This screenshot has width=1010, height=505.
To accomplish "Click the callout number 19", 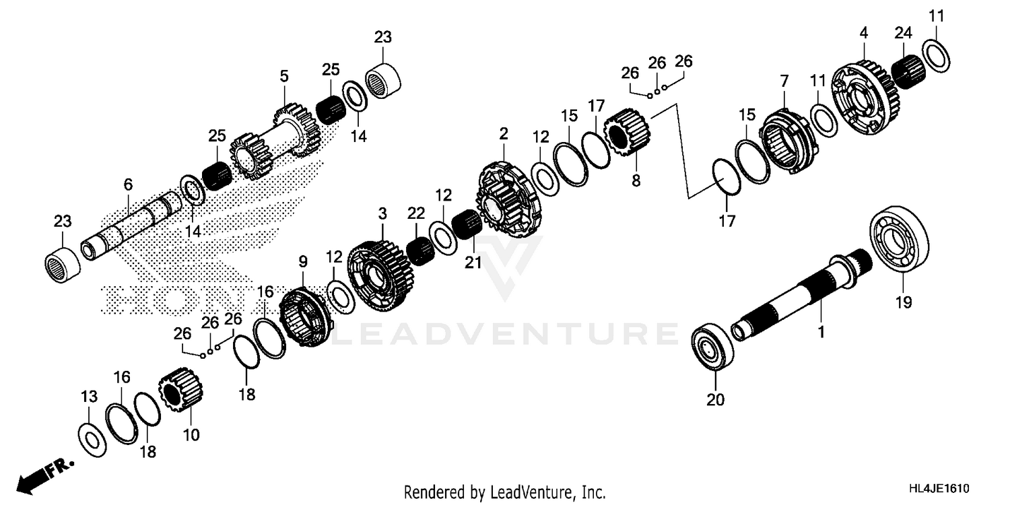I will tap(904, 303).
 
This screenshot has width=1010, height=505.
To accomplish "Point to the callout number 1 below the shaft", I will tap(820, 332).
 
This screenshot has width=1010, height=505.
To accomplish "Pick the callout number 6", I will tap(128, 184).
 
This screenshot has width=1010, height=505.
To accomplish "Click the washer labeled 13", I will tap(93, 438).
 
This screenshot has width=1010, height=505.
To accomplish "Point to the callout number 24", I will tap(903, 33).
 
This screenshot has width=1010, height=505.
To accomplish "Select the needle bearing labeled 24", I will tap(907, 67).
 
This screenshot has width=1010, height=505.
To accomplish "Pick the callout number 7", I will tap(784, 81).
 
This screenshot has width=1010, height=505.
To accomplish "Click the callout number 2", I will tap(504, 133).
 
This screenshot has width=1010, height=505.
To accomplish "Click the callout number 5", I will tap(284, 76).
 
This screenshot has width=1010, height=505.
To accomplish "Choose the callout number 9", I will tap(302, 261).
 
